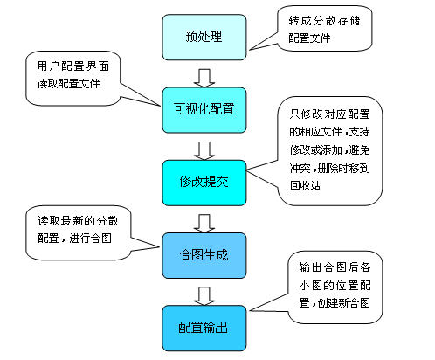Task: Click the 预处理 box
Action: [x=204, y=38]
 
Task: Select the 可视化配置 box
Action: [x=204, y=110]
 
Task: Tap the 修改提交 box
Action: [x=204, y=183]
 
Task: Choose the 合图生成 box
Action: [x=204, y=255]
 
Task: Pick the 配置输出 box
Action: [x=204, y=329]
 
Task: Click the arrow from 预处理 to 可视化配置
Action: [x=204, y=78]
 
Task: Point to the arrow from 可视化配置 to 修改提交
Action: [x=204, y=150]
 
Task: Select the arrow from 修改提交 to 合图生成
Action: [x=204, y=224]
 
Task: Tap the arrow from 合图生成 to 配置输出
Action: [x=204, y=296]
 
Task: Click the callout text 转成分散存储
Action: [x=324, y=21]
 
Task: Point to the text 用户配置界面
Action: [x=73, y=66]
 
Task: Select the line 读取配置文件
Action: [x=68, y=84]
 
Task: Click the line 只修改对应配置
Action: [x=329, y=114]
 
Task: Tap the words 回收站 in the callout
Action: [x=305, y=185]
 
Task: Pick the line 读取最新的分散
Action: [x=78, y=221]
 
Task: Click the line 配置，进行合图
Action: [x=74, y=239]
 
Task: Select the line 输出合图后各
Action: [x=335, y=267]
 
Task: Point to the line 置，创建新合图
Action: [x=335, y=303]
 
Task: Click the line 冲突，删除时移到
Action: [x=329, y=168]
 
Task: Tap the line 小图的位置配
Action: [x=335, y=286]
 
